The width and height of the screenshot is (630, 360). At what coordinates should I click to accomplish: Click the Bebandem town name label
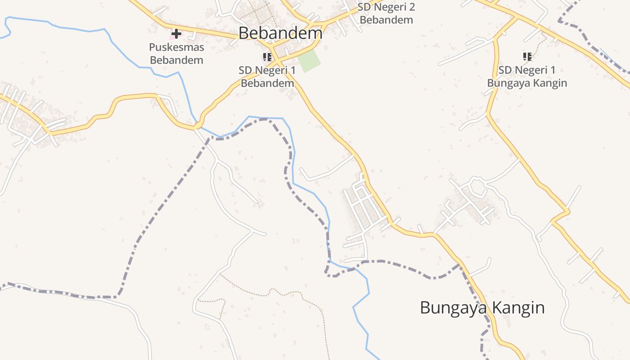click(x=280, y=33)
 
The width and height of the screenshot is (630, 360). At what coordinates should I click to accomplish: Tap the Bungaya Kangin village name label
click(x=482, y=308)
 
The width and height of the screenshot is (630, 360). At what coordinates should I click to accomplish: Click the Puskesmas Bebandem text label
click(x=176, y=54)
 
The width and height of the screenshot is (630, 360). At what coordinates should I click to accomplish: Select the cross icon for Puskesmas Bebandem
click(x=176, y=33)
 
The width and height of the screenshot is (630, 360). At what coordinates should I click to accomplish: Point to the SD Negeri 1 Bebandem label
click(x=267, y=76)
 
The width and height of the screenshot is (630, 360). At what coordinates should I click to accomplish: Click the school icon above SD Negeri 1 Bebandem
click(x=267, y=57)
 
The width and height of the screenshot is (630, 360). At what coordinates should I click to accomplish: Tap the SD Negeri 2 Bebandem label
click(x=386, y=13)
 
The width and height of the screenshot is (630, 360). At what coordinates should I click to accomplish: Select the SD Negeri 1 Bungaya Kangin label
click(x=527, y=76)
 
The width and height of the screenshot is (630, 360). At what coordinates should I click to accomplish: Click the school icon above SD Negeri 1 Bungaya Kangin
click(x=527, y=57)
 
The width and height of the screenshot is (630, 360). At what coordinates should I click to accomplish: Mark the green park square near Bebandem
click(x=310, y=61)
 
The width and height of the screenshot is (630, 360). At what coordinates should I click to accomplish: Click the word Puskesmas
click(x=176, y=47)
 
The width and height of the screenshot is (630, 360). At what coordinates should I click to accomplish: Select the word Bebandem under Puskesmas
click(x=176, y=60)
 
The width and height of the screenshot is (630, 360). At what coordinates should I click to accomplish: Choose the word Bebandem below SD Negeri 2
click(x=386, y=20)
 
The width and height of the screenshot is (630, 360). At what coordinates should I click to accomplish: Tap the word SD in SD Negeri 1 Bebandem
click(x=246, y=70)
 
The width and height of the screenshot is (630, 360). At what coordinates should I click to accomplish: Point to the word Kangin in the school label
click(x=550, y=83)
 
